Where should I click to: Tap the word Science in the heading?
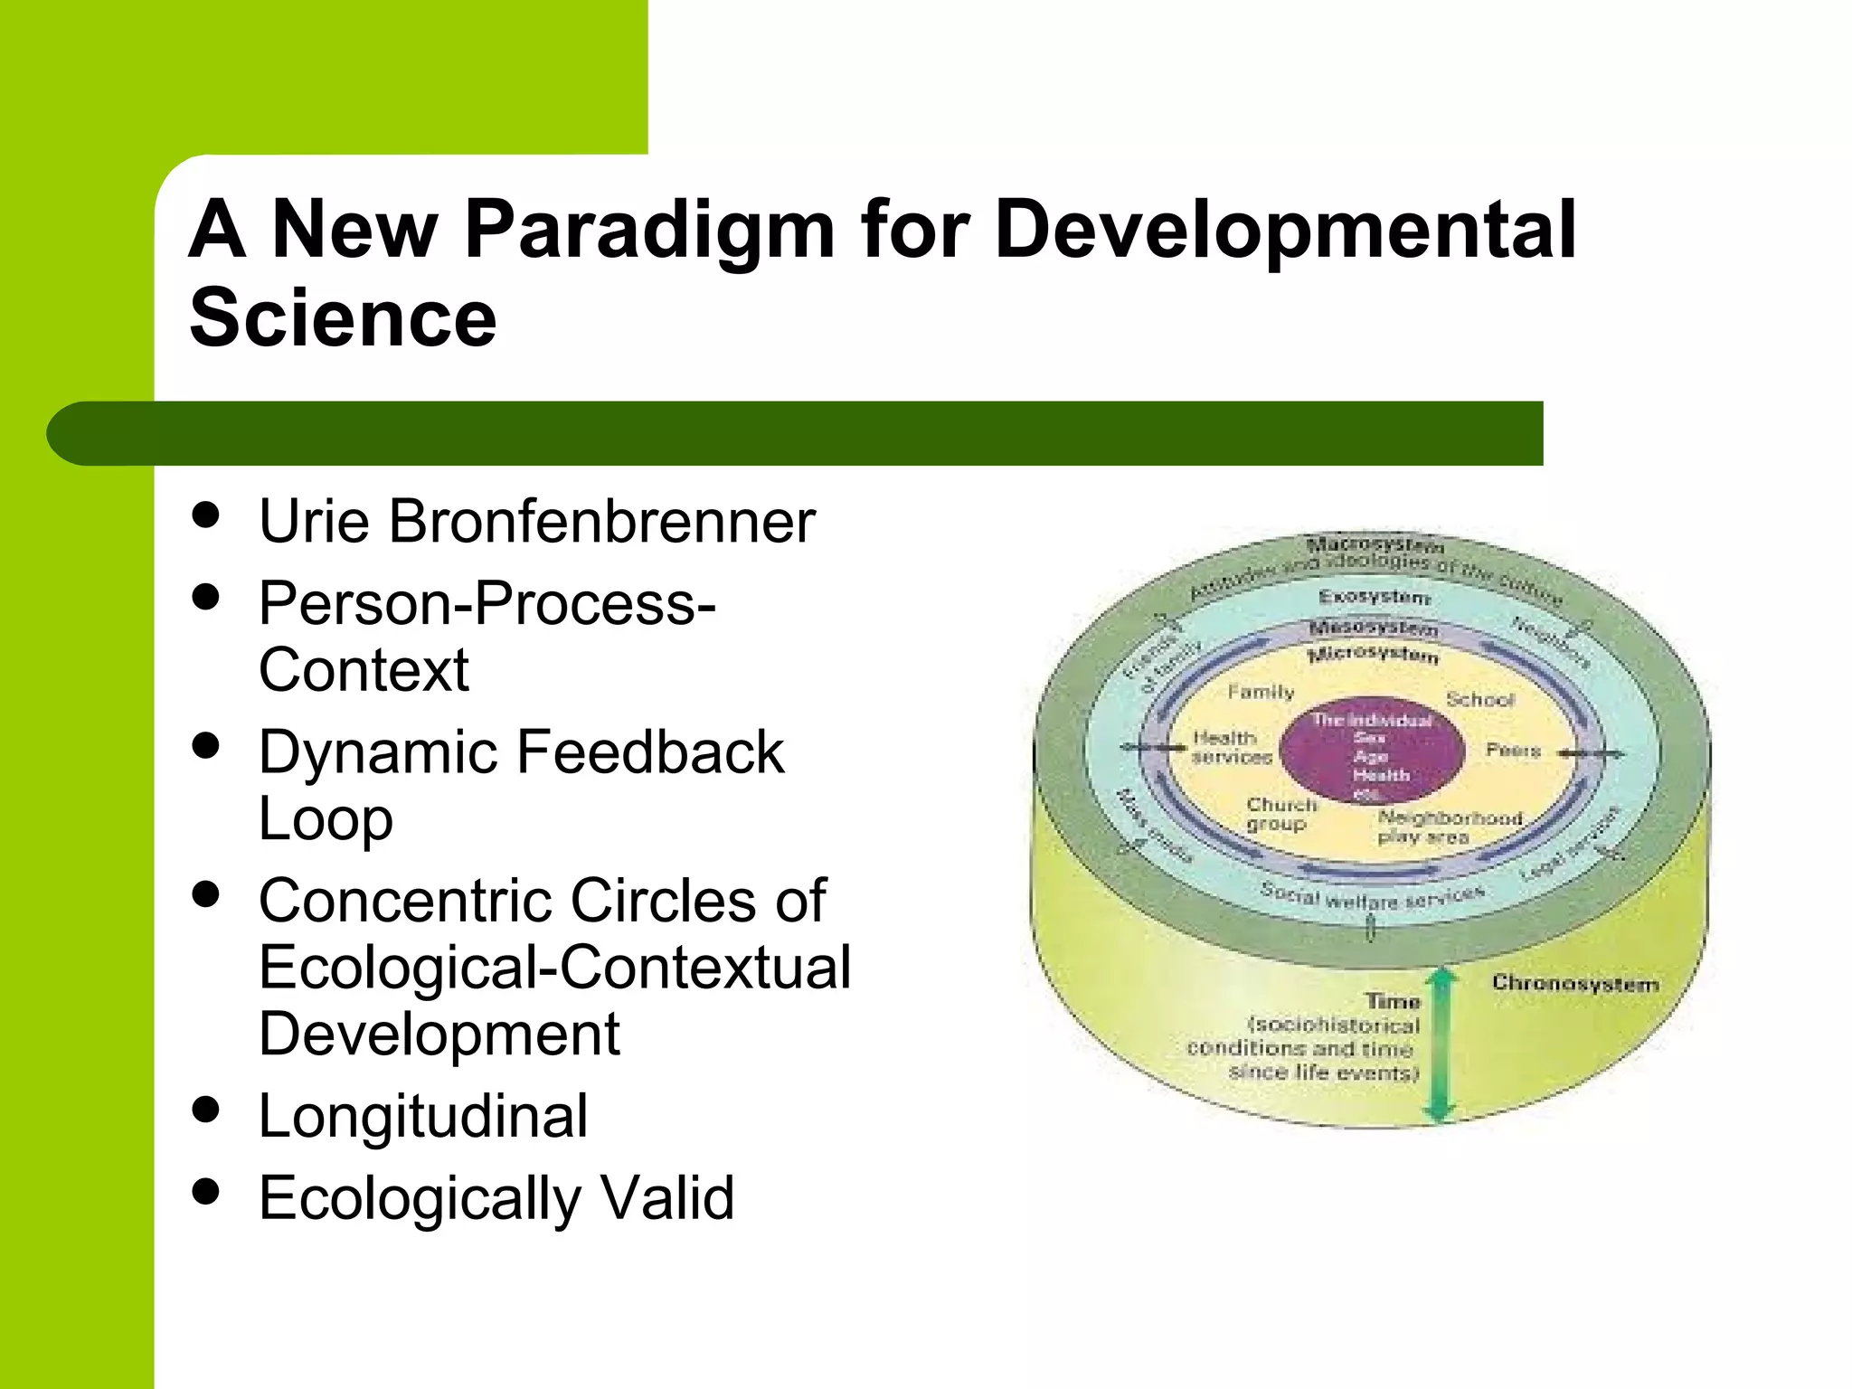[x=343, y=317]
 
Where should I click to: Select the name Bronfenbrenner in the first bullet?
[x=602, y=522]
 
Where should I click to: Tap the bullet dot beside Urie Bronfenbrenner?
[x=206, y=515]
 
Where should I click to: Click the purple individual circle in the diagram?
[x=1373, y=750]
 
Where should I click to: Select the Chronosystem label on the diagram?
[x=1574, y=983]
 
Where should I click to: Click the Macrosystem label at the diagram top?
[x=1375, y=545]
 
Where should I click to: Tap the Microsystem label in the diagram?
[x=1373, y=654]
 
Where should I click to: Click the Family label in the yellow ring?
[x=1261, y=692]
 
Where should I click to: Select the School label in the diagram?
[x=1479, y=699]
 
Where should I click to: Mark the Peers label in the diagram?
[x=1512, y=750]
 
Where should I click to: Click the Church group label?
[x=1280, y=814]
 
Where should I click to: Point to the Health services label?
[x=1230, y=748]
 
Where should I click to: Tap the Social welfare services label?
[x=1372, y=898]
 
